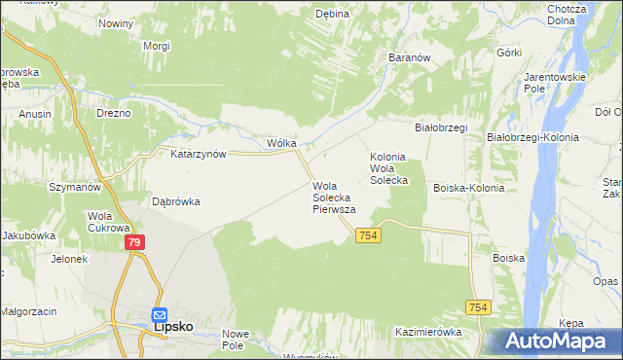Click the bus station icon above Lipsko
pyautogui.click(x=160, y=315)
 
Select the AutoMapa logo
pyautogui.click(x=554, y=341)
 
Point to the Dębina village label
pyautogui.click(x=332, y=15)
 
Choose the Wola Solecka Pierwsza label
pyautogui.click(x=334, y=197)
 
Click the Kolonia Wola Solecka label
pyautogui.click(x=388, y=168)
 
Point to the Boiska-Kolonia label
pyautogui.click(x=469, y=188)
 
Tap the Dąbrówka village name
pyautogui.click(x=176, y=202)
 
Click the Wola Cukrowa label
pyautogui.click(x=101, y=222)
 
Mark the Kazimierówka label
pyautogui.click(x=428, y=332)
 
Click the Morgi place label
pyautogui.click(x=157, y=46)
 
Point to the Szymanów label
pyautogui.click(x=76, y=186)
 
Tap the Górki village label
pyautogui.click(x=509, y=53)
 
